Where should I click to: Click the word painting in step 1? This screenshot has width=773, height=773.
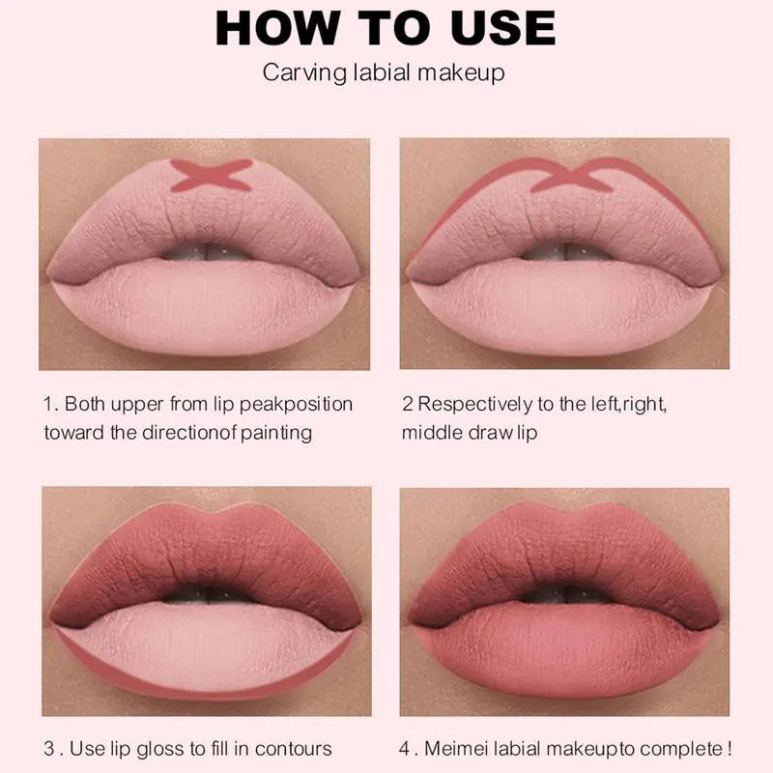click(x=275, y=431)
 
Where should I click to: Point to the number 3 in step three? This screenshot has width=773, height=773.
click(x=48, y=748)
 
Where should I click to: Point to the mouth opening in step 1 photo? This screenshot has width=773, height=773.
click(x=205, y=253)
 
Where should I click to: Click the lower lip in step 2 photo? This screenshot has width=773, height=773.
click(x=564, y=304)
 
